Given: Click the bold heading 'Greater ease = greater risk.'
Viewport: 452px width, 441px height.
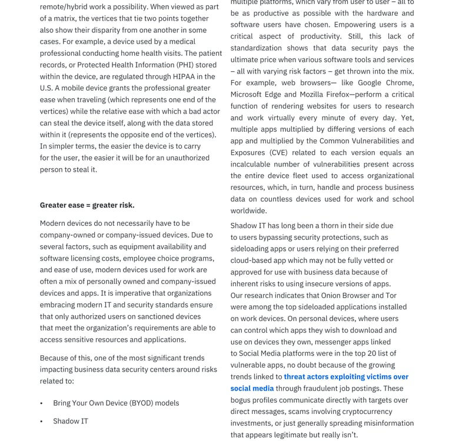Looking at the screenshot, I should tap(87, 205).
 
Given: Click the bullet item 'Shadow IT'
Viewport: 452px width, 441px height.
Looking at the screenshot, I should tap(71, 421).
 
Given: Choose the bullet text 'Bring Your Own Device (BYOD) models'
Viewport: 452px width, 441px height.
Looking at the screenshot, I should tap(116, 403).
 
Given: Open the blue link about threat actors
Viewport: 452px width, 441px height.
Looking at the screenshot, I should tap(319, 382).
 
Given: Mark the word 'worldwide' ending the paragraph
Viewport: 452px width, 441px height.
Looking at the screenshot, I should tap(248, 211).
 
